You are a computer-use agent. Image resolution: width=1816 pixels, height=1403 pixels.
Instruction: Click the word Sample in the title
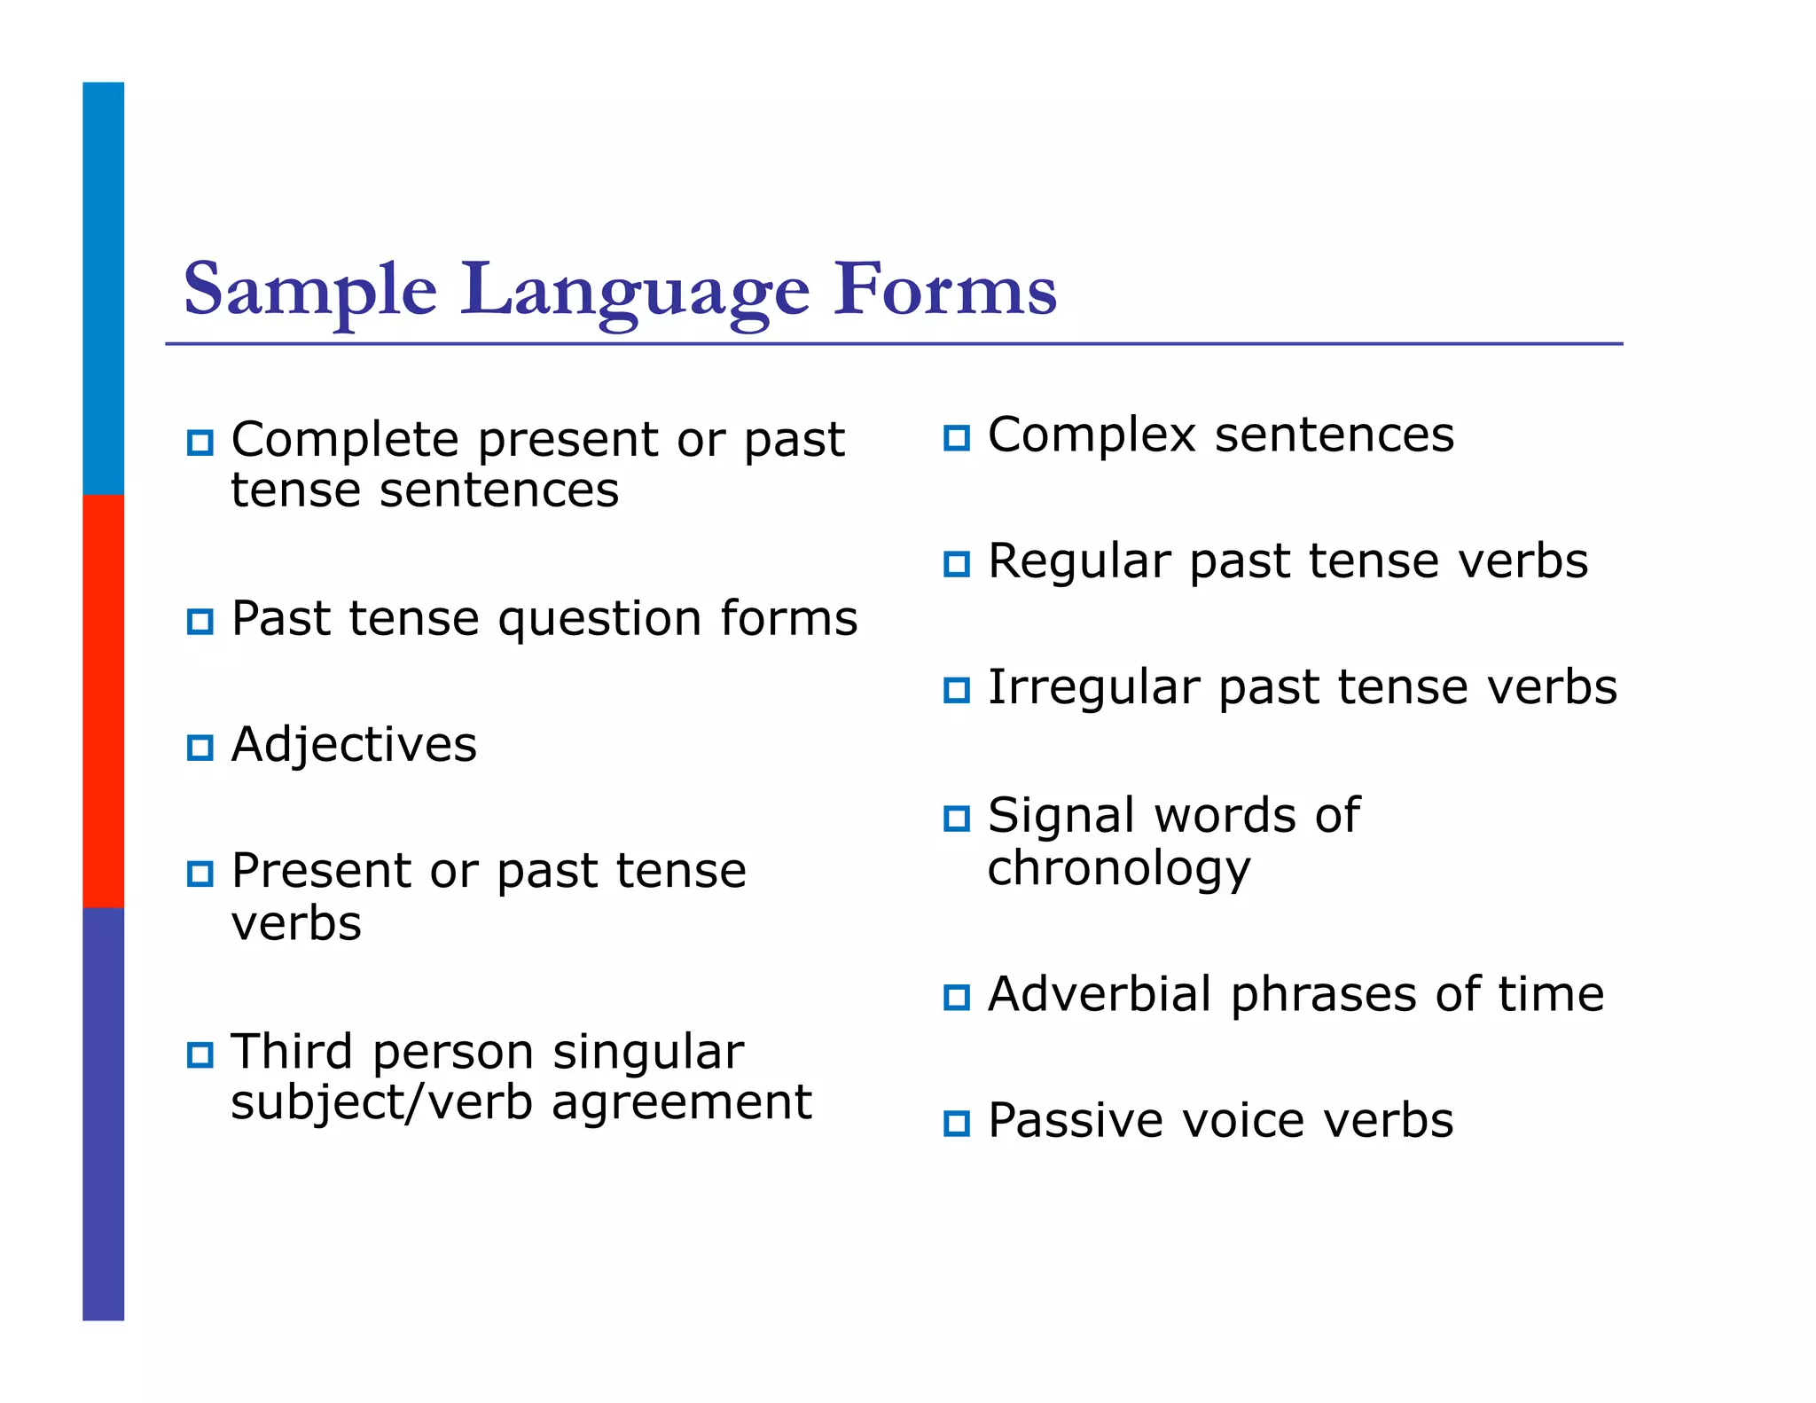(x=309, y=290)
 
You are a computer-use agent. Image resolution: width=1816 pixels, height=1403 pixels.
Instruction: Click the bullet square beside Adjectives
(x=200, y=748)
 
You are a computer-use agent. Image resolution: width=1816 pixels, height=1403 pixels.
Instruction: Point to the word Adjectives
(x=354, y=745)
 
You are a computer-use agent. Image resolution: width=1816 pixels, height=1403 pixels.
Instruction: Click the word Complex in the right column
(x=1092, y=435)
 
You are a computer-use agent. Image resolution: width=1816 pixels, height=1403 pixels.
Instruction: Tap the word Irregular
(x=1093, y=688)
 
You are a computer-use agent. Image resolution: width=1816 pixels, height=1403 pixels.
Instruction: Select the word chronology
(x=1119, y=869)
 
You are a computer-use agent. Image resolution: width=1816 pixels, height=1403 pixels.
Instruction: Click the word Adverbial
(x=1100, y=994)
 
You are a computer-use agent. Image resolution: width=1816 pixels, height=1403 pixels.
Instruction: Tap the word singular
(x=648, y=1053)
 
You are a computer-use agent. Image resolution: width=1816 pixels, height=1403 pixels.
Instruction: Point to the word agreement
(x=681, y=1102)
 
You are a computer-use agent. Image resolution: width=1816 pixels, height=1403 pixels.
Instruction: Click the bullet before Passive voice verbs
(x=957, y=1124)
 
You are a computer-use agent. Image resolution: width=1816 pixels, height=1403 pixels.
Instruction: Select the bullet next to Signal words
(x=957, y=818)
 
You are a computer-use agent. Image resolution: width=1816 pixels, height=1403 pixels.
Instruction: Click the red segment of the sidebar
(x=103, y=701)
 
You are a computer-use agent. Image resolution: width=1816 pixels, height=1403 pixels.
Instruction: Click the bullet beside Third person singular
(x=200, y=1055)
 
